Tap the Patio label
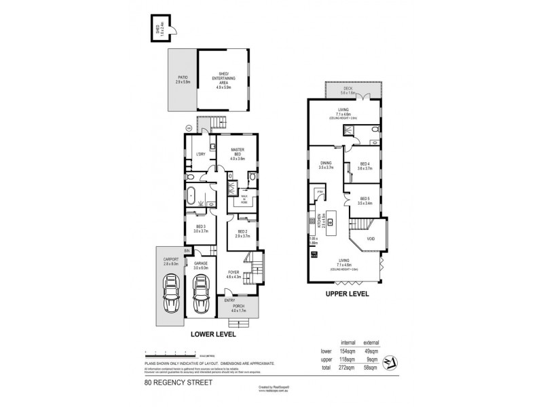[x=183, y=79]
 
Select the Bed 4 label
[x=364, y=166]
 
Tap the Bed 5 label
[x=364, y=201]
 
